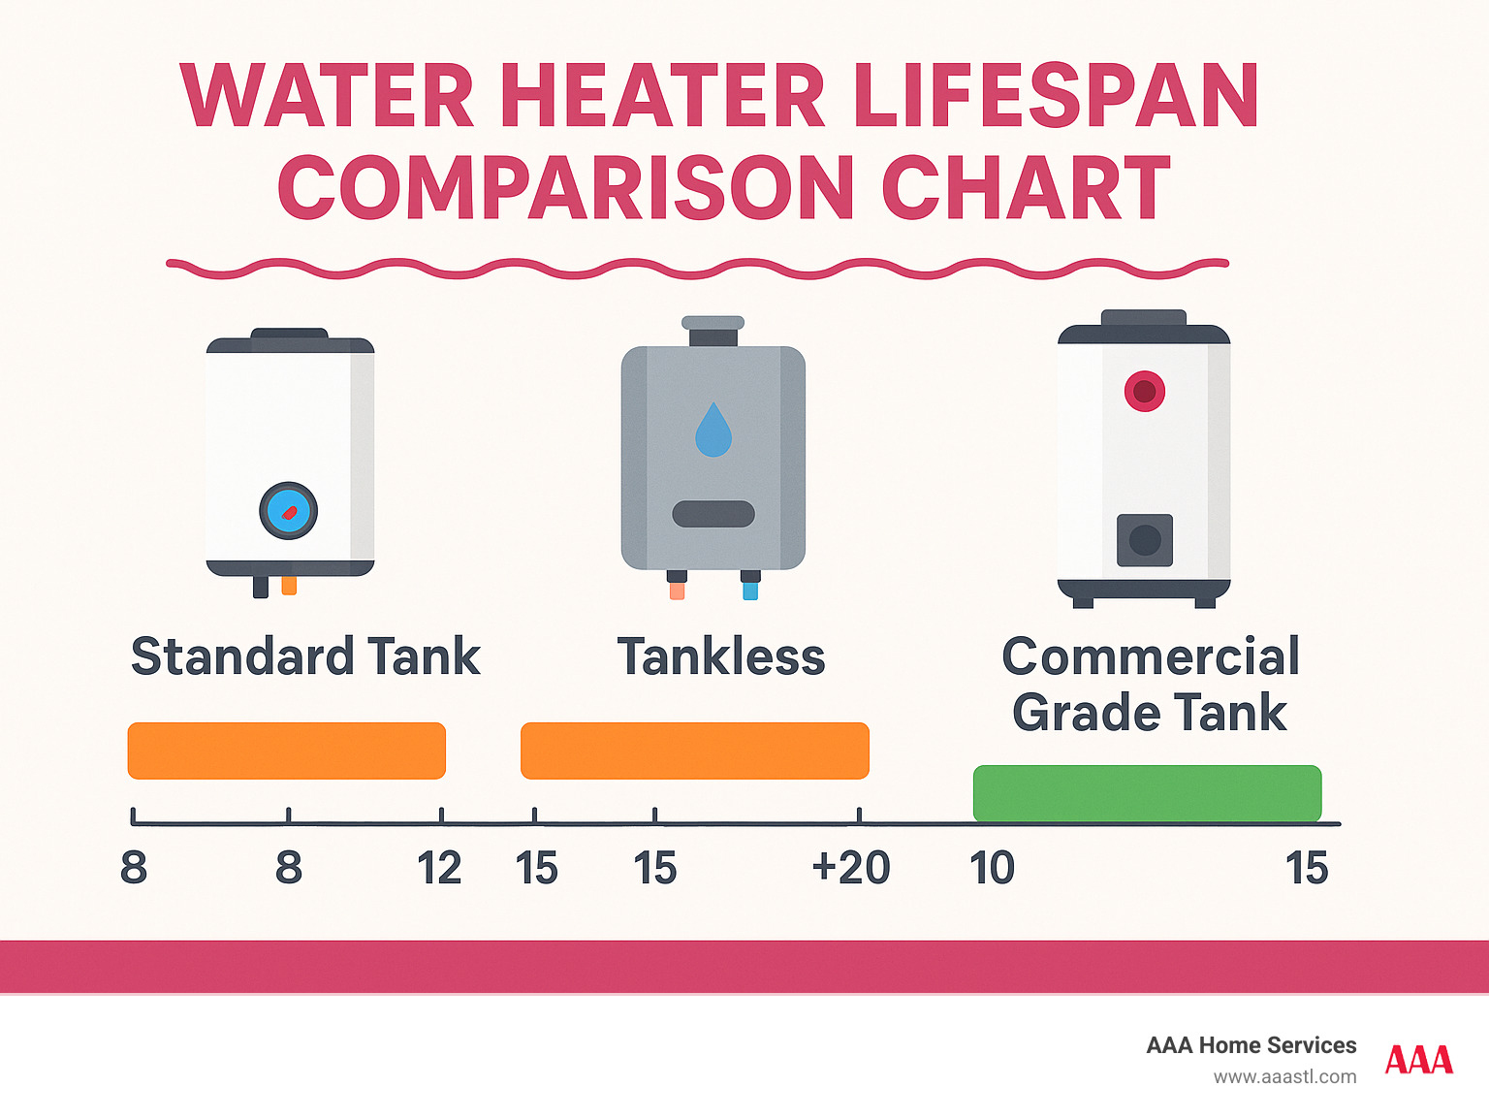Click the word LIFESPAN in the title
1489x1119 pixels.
pyautogui.click(x=1056, y=96)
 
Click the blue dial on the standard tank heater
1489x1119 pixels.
pyautogui.click(x=289, y=510)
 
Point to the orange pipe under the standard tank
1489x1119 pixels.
pyautogui.click(x=289, y=585)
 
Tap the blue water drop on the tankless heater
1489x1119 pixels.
pyautogui.click(x=713, y=431)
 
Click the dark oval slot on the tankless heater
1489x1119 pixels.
pyautogui.click(x=713, y=514)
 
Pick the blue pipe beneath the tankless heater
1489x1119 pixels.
pyautogui.click(x=750, y=589)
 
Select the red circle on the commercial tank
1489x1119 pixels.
pyautogui.click(x=1145, y=391)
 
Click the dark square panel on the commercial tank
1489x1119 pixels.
pyautogui.click(x=1145, y=540)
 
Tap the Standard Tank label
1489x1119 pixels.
pyautogui.click(x=305, y=656)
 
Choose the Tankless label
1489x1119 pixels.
pyautogui.click(x=721, y=656)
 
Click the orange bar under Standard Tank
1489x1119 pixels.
pyautogui.click(x=287, y=751)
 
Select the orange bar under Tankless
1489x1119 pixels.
pyautogui.click(x=695, y=751)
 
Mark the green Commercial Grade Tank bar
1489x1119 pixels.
pyautogui.click(x=1147, y=792)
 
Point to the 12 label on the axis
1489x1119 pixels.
pyautogui.click(x=439, y=868)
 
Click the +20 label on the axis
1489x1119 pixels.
pyautogui.click(x=851, y=868)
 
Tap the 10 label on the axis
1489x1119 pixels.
pyautogui.click(x=992, y=868)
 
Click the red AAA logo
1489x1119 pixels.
pyautogui.click(x=1419, y=1060)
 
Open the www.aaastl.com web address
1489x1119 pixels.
pyautogui.click(x=1284, y=1076)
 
